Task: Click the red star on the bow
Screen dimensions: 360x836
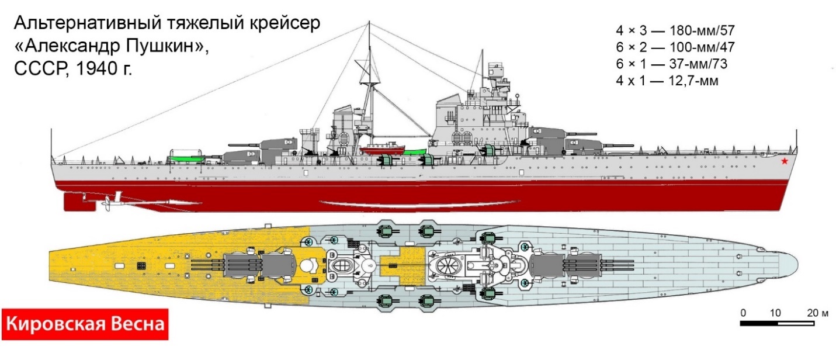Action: click(x=784, y=161)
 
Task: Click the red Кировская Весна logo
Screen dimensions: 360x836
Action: click(x=85, y=323)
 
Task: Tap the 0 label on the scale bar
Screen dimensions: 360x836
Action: click(x=743, y=313)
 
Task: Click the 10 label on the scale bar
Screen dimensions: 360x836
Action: click(x=776, y=313)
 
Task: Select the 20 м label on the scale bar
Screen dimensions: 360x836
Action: click(x=814, y=313)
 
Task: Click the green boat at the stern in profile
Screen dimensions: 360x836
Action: click(x=186, y=157)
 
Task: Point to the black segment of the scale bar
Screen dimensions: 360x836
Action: click(x=759, y=323)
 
